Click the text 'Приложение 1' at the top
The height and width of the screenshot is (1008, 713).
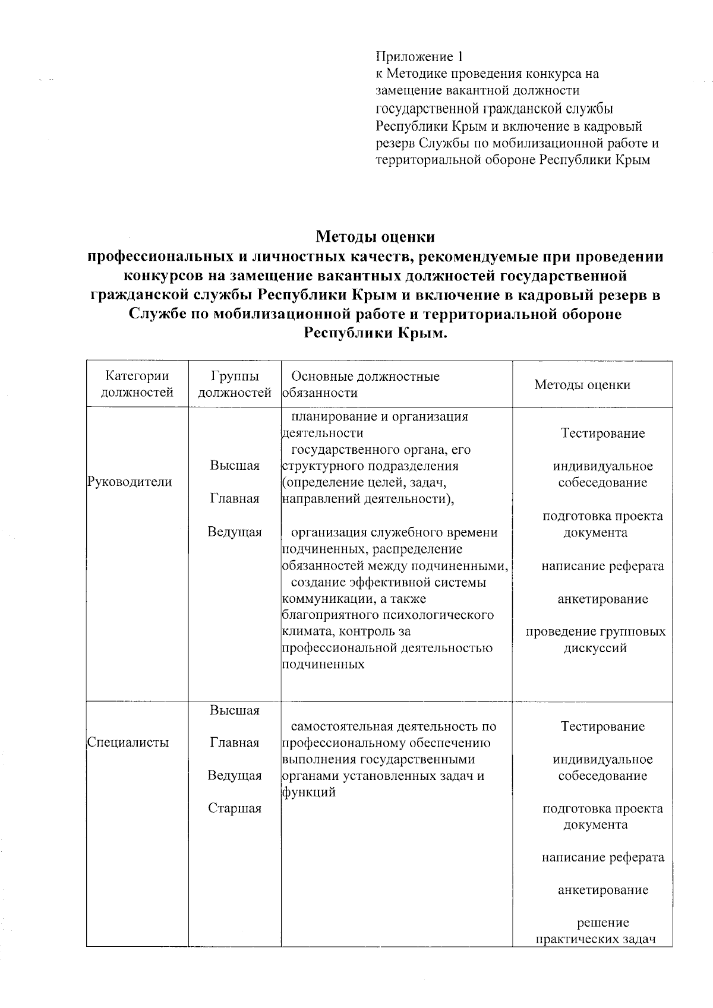[419, 57]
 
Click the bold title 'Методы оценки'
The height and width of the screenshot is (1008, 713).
[375, 237]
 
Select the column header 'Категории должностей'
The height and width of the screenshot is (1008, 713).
[137, 384]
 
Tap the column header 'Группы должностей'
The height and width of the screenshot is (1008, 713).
[235, 384]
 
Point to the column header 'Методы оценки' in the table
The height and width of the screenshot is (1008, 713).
[582, 385]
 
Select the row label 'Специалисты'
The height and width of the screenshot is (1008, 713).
[128, 742]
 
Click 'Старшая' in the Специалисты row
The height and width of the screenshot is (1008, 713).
[235, 808]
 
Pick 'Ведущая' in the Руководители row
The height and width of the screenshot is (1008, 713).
[235, 532]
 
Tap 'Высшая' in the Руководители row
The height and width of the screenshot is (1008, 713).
[235, 466]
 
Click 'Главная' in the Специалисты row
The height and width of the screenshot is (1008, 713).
[235, 742]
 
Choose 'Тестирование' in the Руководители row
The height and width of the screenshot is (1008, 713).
[602, 433]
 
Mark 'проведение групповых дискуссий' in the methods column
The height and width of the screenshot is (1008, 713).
[595, 640]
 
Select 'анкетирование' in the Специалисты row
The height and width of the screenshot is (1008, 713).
[602, 890]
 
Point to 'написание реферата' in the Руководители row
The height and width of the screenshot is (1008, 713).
[602, 566]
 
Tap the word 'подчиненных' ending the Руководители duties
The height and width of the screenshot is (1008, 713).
[323, 665]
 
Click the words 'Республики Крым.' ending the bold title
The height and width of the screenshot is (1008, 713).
[375, 333]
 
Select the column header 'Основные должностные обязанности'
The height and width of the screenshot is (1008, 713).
[362, 384]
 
